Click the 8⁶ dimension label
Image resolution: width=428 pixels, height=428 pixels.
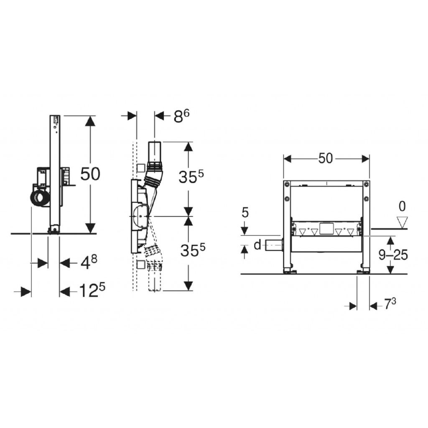[x=181, y=116]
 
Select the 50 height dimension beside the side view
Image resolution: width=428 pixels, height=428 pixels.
[x=90, y=174]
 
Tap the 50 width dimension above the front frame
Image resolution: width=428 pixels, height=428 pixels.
[x=326, y=158]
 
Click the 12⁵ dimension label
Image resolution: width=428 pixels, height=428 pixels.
[x=92, y=290]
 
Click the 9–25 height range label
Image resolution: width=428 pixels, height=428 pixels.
[x=393, y=255]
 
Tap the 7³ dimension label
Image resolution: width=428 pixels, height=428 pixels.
[x=390, y=304]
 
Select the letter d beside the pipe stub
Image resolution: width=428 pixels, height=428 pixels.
[x=257, y=245]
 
